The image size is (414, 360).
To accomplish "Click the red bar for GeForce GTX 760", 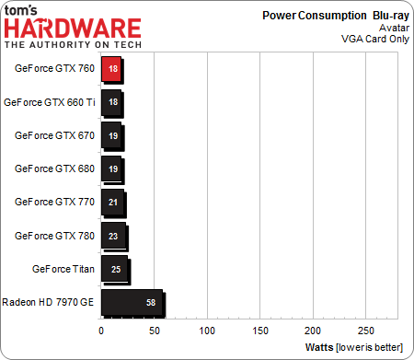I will click(x=111, y=68).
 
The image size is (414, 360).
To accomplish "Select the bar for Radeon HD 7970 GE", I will click(x=132, y=301).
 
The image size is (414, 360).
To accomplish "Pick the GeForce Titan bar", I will click(x=114, y=268).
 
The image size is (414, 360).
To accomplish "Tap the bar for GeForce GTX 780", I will click(x=113, y=235).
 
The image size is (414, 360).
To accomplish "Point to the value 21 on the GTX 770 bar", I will click(x=112, y=202).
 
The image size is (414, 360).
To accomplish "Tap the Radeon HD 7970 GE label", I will click(x=50, y=301).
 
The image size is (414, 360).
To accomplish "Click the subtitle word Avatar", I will click(x=390, y=28).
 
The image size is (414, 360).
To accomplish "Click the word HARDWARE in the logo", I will click(x=73, y=28).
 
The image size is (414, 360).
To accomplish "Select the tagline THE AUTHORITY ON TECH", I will click(x=73, y=44).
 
